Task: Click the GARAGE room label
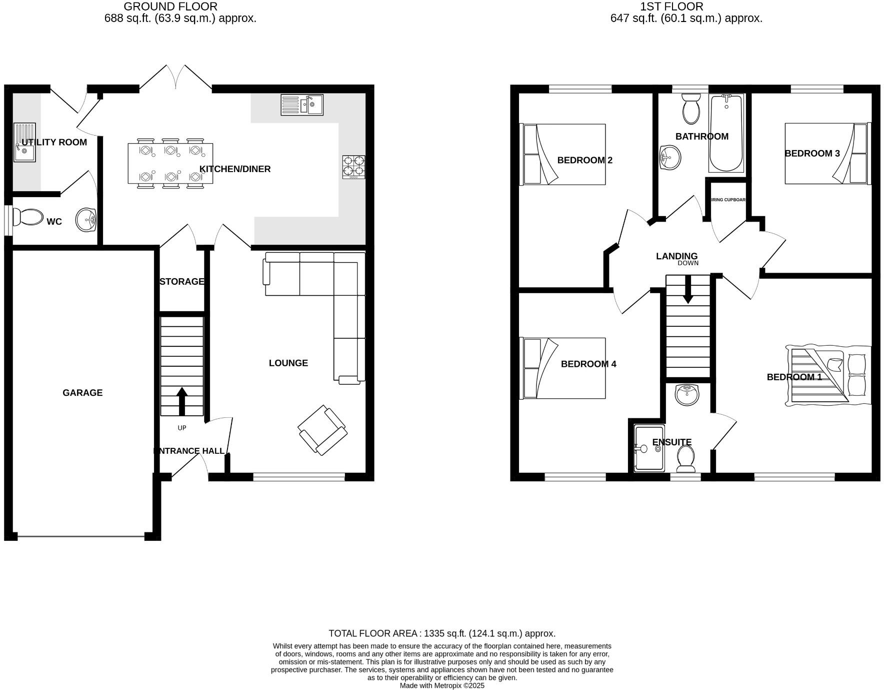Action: click(x=82, y=393)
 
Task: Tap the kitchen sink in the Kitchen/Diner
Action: click(x=302, y=105)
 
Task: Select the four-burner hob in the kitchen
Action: click(x=353, y=167)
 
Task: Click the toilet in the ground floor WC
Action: click(x=28, y=218)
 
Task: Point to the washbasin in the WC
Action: click(x=86, y=220)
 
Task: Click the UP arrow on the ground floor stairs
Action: click(x=182, y=401)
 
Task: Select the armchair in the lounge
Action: click(x=322, y=430)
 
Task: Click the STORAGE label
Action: click(x=182, y=282)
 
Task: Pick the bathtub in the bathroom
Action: click(x=726, y=133)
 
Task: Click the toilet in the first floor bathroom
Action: click(x=691, y=109)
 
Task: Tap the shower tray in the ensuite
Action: click(x=649, y=448)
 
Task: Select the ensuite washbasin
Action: click(x=687, y=395)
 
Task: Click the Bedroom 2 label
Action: click(x=584, y=160)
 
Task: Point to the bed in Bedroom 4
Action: click(x=563, y=368)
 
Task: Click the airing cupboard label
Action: click(x=728, y=200)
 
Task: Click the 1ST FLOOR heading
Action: click(x=671, y=7)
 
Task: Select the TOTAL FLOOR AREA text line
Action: click(x=442, y=633)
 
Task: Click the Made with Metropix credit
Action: click(x=442, y=685)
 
